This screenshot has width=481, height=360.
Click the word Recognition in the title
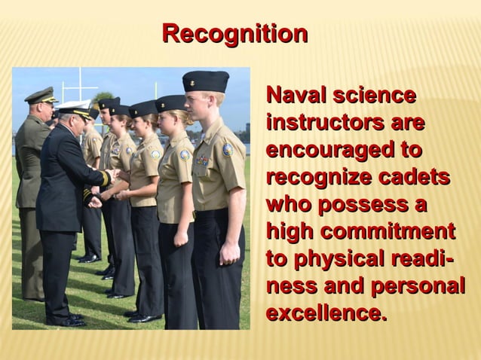[234, 34]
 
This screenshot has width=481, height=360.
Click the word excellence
[326, 313]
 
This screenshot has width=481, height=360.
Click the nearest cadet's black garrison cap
[205, 80]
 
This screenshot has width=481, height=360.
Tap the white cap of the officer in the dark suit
[75, 107]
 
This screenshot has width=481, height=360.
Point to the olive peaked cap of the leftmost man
[41, 95]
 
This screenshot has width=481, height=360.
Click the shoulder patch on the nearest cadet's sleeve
[228, 149]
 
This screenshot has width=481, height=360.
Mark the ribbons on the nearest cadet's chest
[202, 160]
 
